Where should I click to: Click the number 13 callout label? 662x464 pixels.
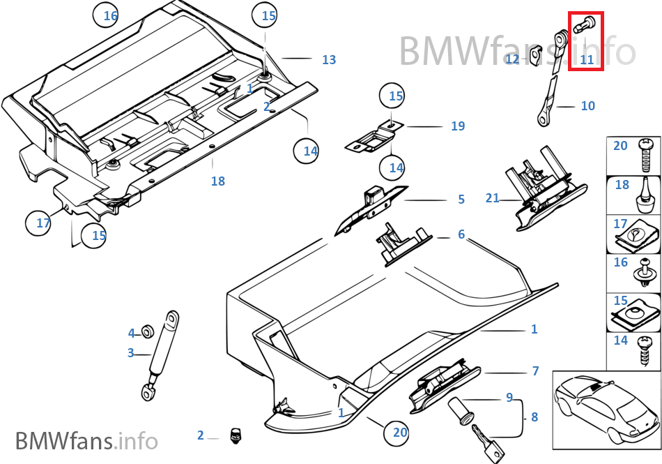[329, 60]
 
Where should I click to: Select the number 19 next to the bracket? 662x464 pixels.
[457, 126]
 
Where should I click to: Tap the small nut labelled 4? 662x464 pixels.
[148, 331]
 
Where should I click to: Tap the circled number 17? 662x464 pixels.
[43, 223]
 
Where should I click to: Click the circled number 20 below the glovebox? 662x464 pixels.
[399, 433]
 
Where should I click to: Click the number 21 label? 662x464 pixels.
[492, 198]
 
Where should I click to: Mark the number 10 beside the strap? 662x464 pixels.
[587, 106]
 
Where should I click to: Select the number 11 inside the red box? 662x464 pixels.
[587, 60]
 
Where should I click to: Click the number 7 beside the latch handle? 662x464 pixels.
[535, 371]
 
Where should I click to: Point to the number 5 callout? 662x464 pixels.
[461, 200]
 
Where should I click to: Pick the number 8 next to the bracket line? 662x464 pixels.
[534, 417]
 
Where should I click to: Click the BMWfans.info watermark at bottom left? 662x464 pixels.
[86, 441]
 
